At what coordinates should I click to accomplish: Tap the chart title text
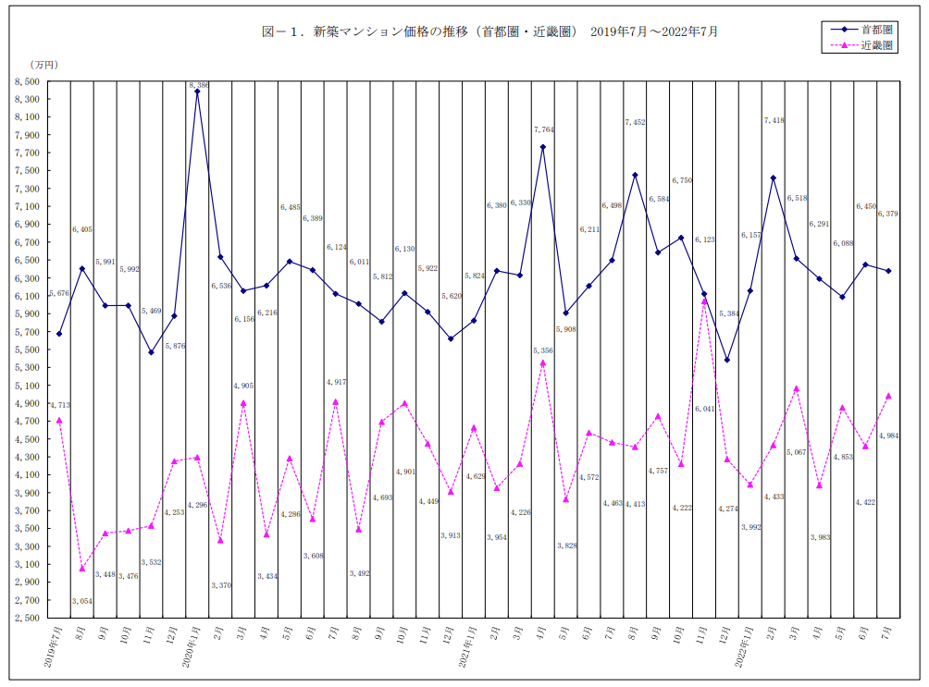click(489, 31)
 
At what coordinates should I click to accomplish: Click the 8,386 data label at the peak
click(199, 85)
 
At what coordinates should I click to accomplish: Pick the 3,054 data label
click(82, 601)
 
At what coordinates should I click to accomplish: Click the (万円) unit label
click(43, 65)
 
